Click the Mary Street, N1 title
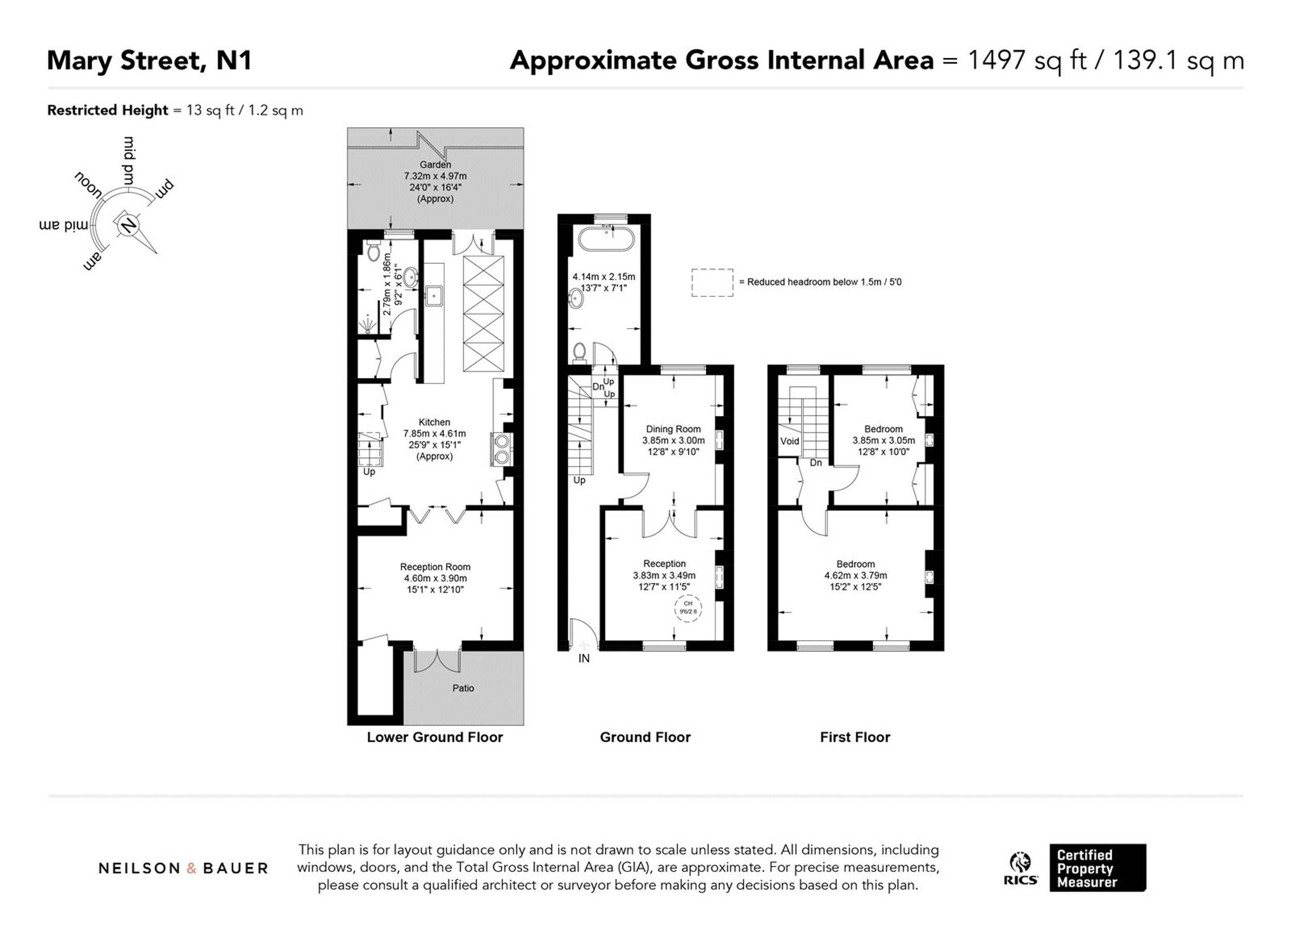(149, 61)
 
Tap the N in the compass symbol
(129, 225)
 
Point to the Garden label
(435, 165)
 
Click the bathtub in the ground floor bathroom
(606, 239)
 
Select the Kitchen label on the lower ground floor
(434, 422)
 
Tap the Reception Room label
(435, 566)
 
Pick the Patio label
(463, 688)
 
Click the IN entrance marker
(584, 658)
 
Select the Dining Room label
(673, 429)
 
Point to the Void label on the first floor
(790, 441)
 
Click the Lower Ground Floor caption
(435, 737)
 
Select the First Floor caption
(855, 737)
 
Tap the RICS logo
(1020, 868)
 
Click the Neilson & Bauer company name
(183, 868)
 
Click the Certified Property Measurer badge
(1097, 868)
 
